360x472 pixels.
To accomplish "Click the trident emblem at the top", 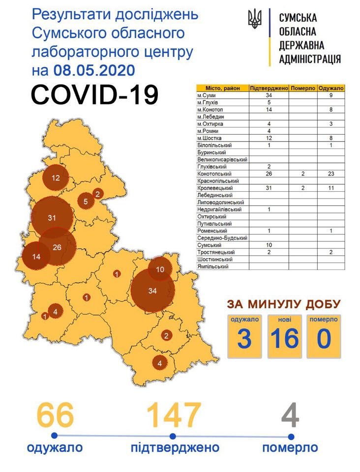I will [255, 20].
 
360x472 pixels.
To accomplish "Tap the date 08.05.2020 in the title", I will [93, 70].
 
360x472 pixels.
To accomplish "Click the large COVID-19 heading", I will [94, 95].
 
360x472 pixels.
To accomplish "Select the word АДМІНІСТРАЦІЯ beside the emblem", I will [309, 59].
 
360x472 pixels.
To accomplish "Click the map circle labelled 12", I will [55, 178].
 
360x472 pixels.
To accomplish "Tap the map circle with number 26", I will [57, 247].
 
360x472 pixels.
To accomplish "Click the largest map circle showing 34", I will [152, 290].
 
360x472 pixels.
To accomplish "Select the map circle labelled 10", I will [160, 269].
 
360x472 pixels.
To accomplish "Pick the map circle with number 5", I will [86, 201].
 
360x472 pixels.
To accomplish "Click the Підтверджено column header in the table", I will [269, 88].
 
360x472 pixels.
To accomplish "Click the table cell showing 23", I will [330, 174].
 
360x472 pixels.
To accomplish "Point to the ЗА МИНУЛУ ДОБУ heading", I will [283, 303].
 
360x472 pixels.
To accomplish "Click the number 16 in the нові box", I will [284, 339].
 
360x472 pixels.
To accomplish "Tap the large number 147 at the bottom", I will [174, 415].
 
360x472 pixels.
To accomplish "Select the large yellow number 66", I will [54, 415].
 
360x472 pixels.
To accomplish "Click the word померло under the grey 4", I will [290, 448].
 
